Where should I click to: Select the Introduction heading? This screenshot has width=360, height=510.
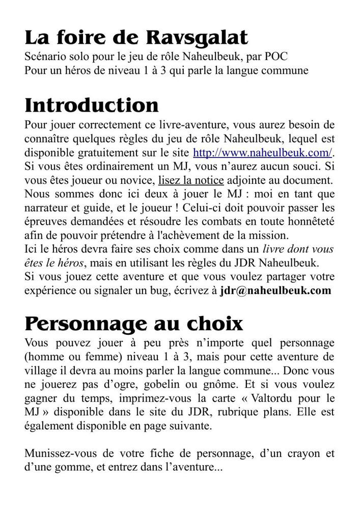tap(92, 105)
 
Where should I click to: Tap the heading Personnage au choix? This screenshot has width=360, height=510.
tap(134, 324)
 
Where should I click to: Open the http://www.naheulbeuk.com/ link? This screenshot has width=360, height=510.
tap(262, 152)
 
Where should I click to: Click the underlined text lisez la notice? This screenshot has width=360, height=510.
tap(191, 180)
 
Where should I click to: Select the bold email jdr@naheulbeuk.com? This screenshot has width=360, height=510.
tap(275, 290)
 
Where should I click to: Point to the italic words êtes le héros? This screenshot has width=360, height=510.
tap(54, 263)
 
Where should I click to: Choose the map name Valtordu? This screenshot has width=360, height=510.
tap(268, 398)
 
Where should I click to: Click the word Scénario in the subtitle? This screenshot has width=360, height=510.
tap(45, 56)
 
